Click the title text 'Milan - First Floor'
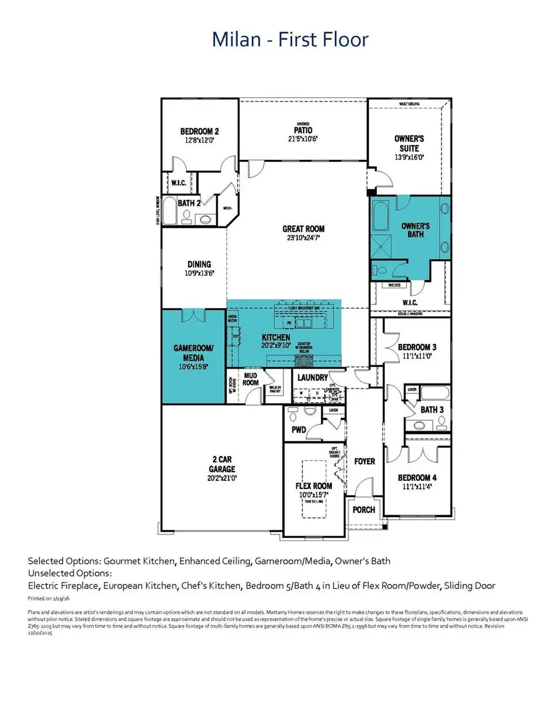click(x=290, y=40)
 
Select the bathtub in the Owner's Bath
click(x=379, y=217)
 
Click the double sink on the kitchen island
click(x=303, y=323)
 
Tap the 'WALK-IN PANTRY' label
click(x=274, y=389)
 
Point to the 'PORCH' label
click(x=364, y=509)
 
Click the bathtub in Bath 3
click(x=430, y=394)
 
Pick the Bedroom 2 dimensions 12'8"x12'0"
click(x=199, y=141)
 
